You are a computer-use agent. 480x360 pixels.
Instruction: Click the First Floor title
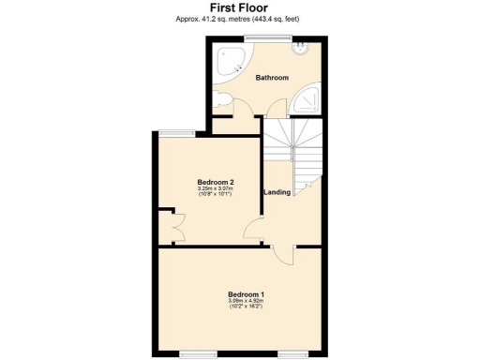(x=239, y=7)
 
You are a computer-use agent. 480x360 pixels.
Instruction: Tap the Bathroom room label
(x=272, y=78)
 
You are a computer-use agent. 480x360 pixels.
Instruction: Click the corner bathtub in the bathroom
(x=230, y=63)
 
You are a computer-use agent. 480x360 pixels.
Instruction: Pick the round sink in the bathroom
(x=301, y=47)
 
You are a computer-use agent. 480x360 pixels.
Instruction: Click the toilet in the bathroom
(x=221, y=100)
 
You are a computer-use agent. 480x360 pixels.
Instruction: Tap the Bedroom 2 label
(x=216, y=181)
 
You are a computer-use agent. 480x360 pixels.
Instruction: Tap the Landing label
(x=276, y=192)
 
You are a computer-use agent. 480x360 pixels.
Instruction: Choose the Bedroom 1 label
(x=246, y=295)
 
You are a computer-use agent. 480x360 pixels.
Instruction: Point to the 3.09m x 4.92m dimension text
(x=246, y=302)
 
